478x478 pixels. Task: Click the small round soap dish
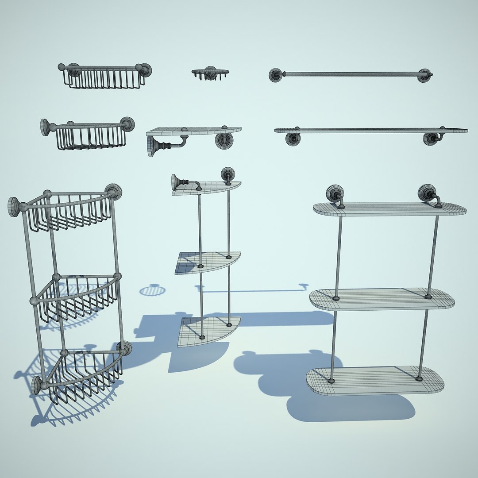tap(210, 72)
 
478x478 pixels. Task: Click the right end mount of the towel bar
tap(425, 75)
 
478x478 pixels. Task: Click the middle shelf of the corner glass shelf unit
tap(208, 262)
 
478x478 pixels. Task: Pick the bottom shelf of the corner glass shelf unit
tap(208, 330)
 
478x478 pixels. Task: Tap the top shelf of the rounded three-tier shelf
tap(389, 209)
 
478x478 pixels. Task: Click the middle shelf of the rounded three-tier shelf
tap(382, 300)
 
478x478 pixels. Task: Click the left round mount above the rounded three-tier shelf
tap(335, 193)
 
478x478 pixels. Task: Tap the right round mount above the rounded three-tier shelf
tap(427, 193)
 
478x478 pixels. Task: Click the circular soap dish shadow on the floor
tap(152, 290)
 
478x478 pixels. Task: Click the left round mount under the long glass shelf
tap(293, 139)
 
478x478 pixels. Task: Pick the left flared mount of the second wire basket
tap(45, 127)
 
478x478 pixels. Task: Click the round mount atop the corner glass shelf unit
tap(227, 173)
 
